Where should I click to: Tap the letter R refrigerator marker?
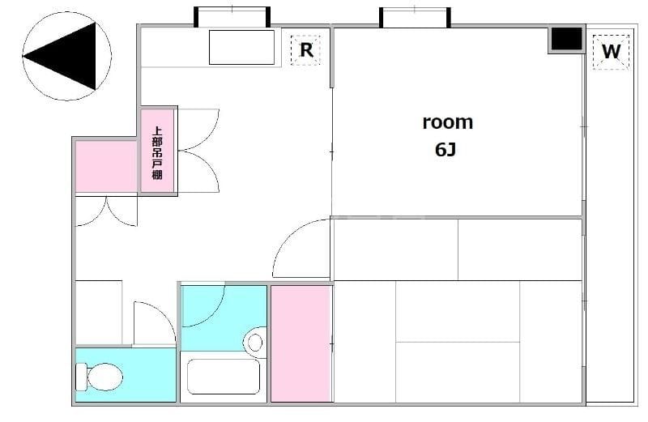pyautogui.click(x=306, y=50)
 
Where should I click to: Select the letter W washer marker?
pyautogui.click(x=611, y=52)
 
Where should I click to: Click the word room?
pyautogui.click(x=448, y=123)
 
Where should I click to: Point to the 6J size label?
pyautogui.click(x=446, y=149)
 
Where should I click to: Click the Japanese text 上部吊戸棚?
pyautogui.click(x=157, y=153)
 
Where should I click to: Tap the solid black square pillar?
pyautogui.click(x=566, y=39)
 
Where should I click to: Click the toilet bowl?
pyautogui.click(x=105, y=377)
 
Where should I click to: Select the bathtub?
pyautogui.click(x=224, y=376)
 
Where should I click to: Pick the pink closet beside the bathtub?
pyautogui.click(x=301, y=343)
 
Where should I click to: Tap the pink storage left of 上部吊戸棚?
pyautogui.click(x=106, y=166)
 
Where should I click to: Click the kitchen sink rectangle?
pyautogui.click(x=241, y=47)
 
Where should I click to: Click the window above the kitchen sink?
pyautogui.click(x=232, y=15)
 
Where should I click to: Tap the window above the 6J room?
pyautogui.click(x=415, y=16)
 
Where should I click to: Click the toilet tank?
pyautogui.click(x=81, y=377)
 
